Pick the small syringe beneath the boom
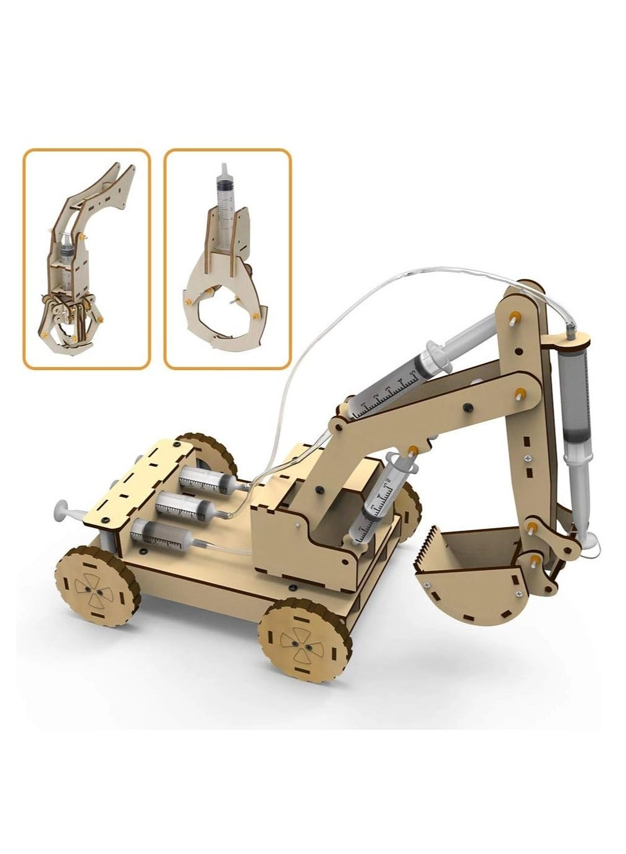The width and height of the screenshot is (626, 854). [383, 488]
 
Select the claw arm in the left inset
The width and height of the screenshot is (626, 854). [87, 260]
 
